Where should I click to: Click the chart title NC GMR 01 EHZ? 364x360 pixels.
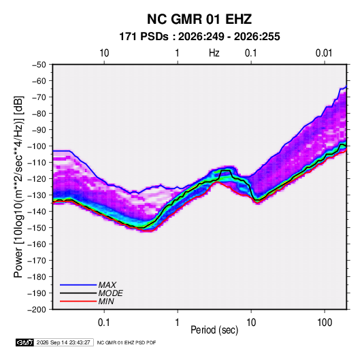click(x=199, y=19)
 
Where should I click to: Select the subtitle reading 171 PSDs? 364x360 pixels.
click(x=144, y=37)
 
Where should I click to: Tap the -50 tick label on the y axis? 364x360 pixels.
click(x=39, y=65)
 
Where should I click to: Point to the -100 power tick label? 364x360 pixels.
click(x=37, y=146)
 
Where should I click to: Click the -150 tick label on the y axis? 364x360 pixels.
click(x=37, y=228)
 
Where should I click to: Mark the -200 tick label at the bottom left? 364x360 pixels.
click(x=37, y=310)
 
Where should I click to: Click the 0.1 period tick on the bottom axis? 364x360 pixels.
click(x=104, y=323)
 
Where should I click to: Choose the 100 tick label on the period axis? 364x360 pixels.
click(x=325, y=323)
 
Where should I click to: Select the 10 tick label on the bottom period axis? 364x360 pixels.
click(x=251, y=323)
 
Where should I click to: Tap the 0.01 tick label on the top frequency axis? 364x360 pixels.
click(x=324, y=53)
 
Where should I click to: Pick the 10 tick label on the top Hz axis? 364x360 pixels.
click(x=104, y=53)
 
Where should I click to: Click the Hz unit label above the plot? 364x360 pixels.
click(x=214, y=53)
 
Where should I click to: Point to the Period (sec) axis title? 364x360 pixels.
click(x=214, y=330)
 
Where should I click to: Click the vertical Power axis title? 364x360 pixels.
click(x=18, y=187)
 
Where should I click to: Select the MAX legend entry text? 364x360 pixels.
click(x=107, y=285)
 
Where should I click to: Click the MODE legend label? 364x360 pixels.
click(x=110, y=293)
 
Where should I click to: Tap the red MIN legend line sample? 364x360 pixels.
click(x=78, y=301)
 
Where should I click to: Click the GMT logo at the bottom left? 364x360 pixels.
click(x=24, y=342)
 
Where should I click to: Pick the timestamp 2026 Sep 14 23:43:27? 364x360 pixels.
click(x=63, y=342)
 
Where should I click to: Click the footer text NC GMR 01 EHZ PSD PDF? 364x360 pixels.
click(x=127, y=343)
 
